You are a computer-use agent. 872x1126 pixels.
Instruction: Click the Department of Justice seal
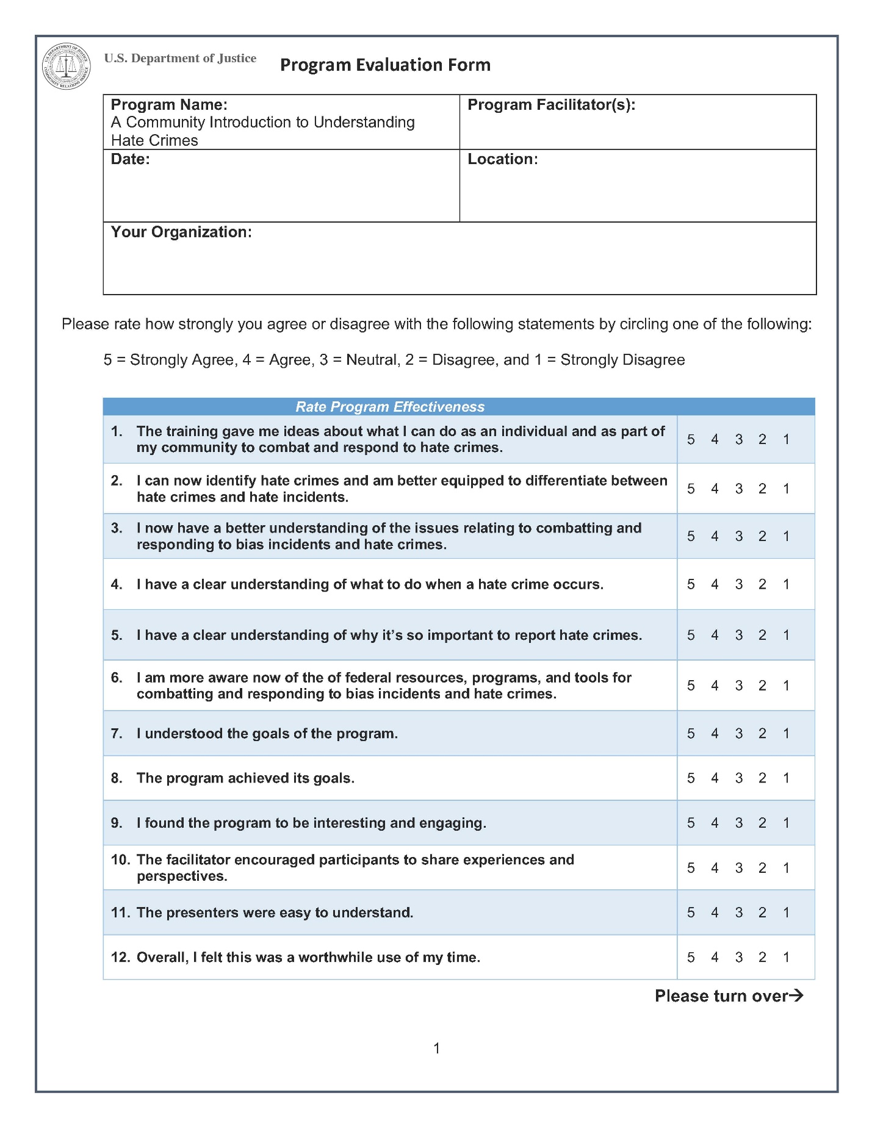[x=66, y=66]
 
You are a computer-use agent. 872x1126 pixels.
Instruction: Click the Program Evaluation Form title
[x=385, y=65]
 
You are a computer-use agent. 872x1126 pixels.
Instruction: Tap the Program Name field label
[x=169, y=105]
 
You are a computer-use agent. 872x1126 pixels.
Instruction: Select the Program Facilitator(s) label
[x=551, y=105]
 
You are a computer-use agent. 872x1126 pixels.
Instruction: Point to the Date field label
[x=130, y=159]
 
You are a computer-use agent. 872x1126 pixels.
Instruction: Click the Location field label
[x=502, y=159]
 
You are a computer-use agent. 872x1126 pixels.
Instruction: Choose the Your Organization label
[x=181, y=232]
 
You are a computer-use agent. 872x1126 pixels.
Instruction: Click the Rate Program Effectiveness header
[x=390, y=407]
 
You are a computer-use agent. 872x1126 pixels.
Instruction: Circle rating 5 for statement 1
[x=691, y=440]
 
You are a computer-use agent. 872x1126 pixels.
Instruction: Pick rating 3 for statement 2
[x=738, y=489]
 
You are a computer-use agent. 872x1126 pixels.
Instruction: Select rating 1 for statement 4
[x=786, y=584]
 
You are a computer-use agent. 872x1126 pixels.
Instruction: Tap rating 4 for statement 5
[x=715, y=636]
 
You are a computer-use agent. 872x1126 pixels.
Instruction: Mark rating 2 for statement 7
[x=762, y=734]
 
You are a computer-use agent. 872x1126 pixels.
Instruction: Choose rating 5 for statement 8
[x=691, y=778]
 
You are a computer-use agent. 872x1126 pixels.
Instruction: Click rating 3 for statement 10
[x=738, y=868]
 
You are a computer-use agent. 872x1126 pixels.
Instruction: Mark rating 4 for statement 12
[x=715, y=958]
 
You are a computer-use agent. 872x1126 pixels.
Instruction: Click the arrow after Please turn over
[x=796, y=996]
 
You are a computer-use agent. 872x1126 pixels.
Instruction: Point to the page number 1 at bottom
[x=436, y=1049]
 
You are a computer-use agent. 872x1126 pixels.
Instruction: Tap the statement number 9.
[x=117, y=823]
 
